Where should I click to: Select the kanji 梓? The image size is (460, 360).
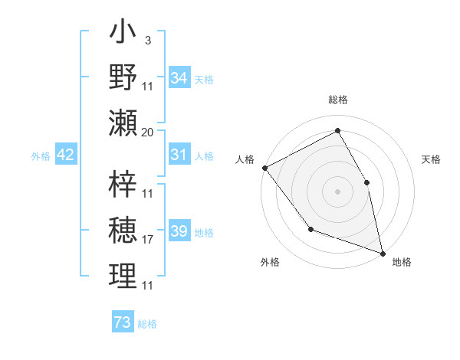pos(123,182)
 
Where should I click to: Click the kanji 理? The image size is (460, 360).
pos(123,276)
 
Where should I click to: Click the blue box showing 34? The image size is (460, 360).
pos(179,77)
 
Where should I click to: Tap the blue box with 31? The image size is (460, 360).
pos(179,155)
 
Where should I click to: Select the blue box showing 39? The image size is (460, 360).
pos(179,232)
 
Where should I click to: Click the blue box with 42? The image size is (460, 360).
pos(66,155)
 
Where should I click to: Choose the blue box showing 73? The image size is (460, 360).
pos(122,322)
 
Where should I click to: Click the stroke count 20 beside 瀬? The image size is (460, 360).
pos(148,133)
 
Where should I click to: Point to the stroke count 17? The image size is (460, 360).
pos(148,240)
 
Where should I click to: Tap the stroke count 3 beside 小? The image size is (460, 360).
pos(147,40)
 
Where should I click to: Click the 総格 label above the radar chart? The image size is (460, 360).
pos(338,100)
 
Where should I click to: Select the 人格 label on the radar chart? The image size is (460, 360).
pos(245,159)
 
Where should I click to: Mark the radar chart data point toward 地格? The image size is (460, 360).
pos(382,253)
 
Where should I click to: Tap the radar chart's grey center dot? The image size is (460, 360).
pos(338,191)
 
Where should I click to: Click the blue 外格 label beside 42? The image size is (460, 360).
pos(41,156)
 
